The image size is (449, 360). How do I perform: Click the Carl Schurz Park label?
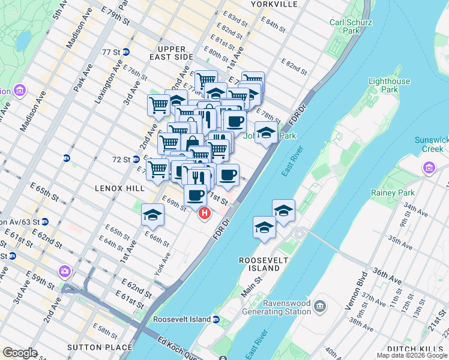pyautogui.click(x=351, y=28)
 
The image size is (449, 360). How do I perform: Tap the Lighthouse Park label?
pyautogui.click(x=389, y=85)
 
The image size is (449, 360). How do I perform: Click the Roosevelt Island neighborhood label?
pyautogui.click(x=264, y=264)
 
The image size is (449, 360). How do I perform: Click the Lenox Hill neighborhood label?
pyautogui.click(x=119, y=188)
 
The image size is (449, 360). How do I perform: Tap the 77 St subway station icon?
pyautogui.click(x=126, y=52)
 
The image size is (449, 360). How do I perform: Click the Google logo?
pyautogui.click(x=20, y=353)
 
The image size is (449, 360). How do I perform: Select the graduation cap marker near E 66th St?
pyautogui.click(x=153, y=215)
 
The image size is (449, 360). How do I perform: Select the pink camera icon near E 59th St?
pyautogui.click(x=65, y=271)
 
